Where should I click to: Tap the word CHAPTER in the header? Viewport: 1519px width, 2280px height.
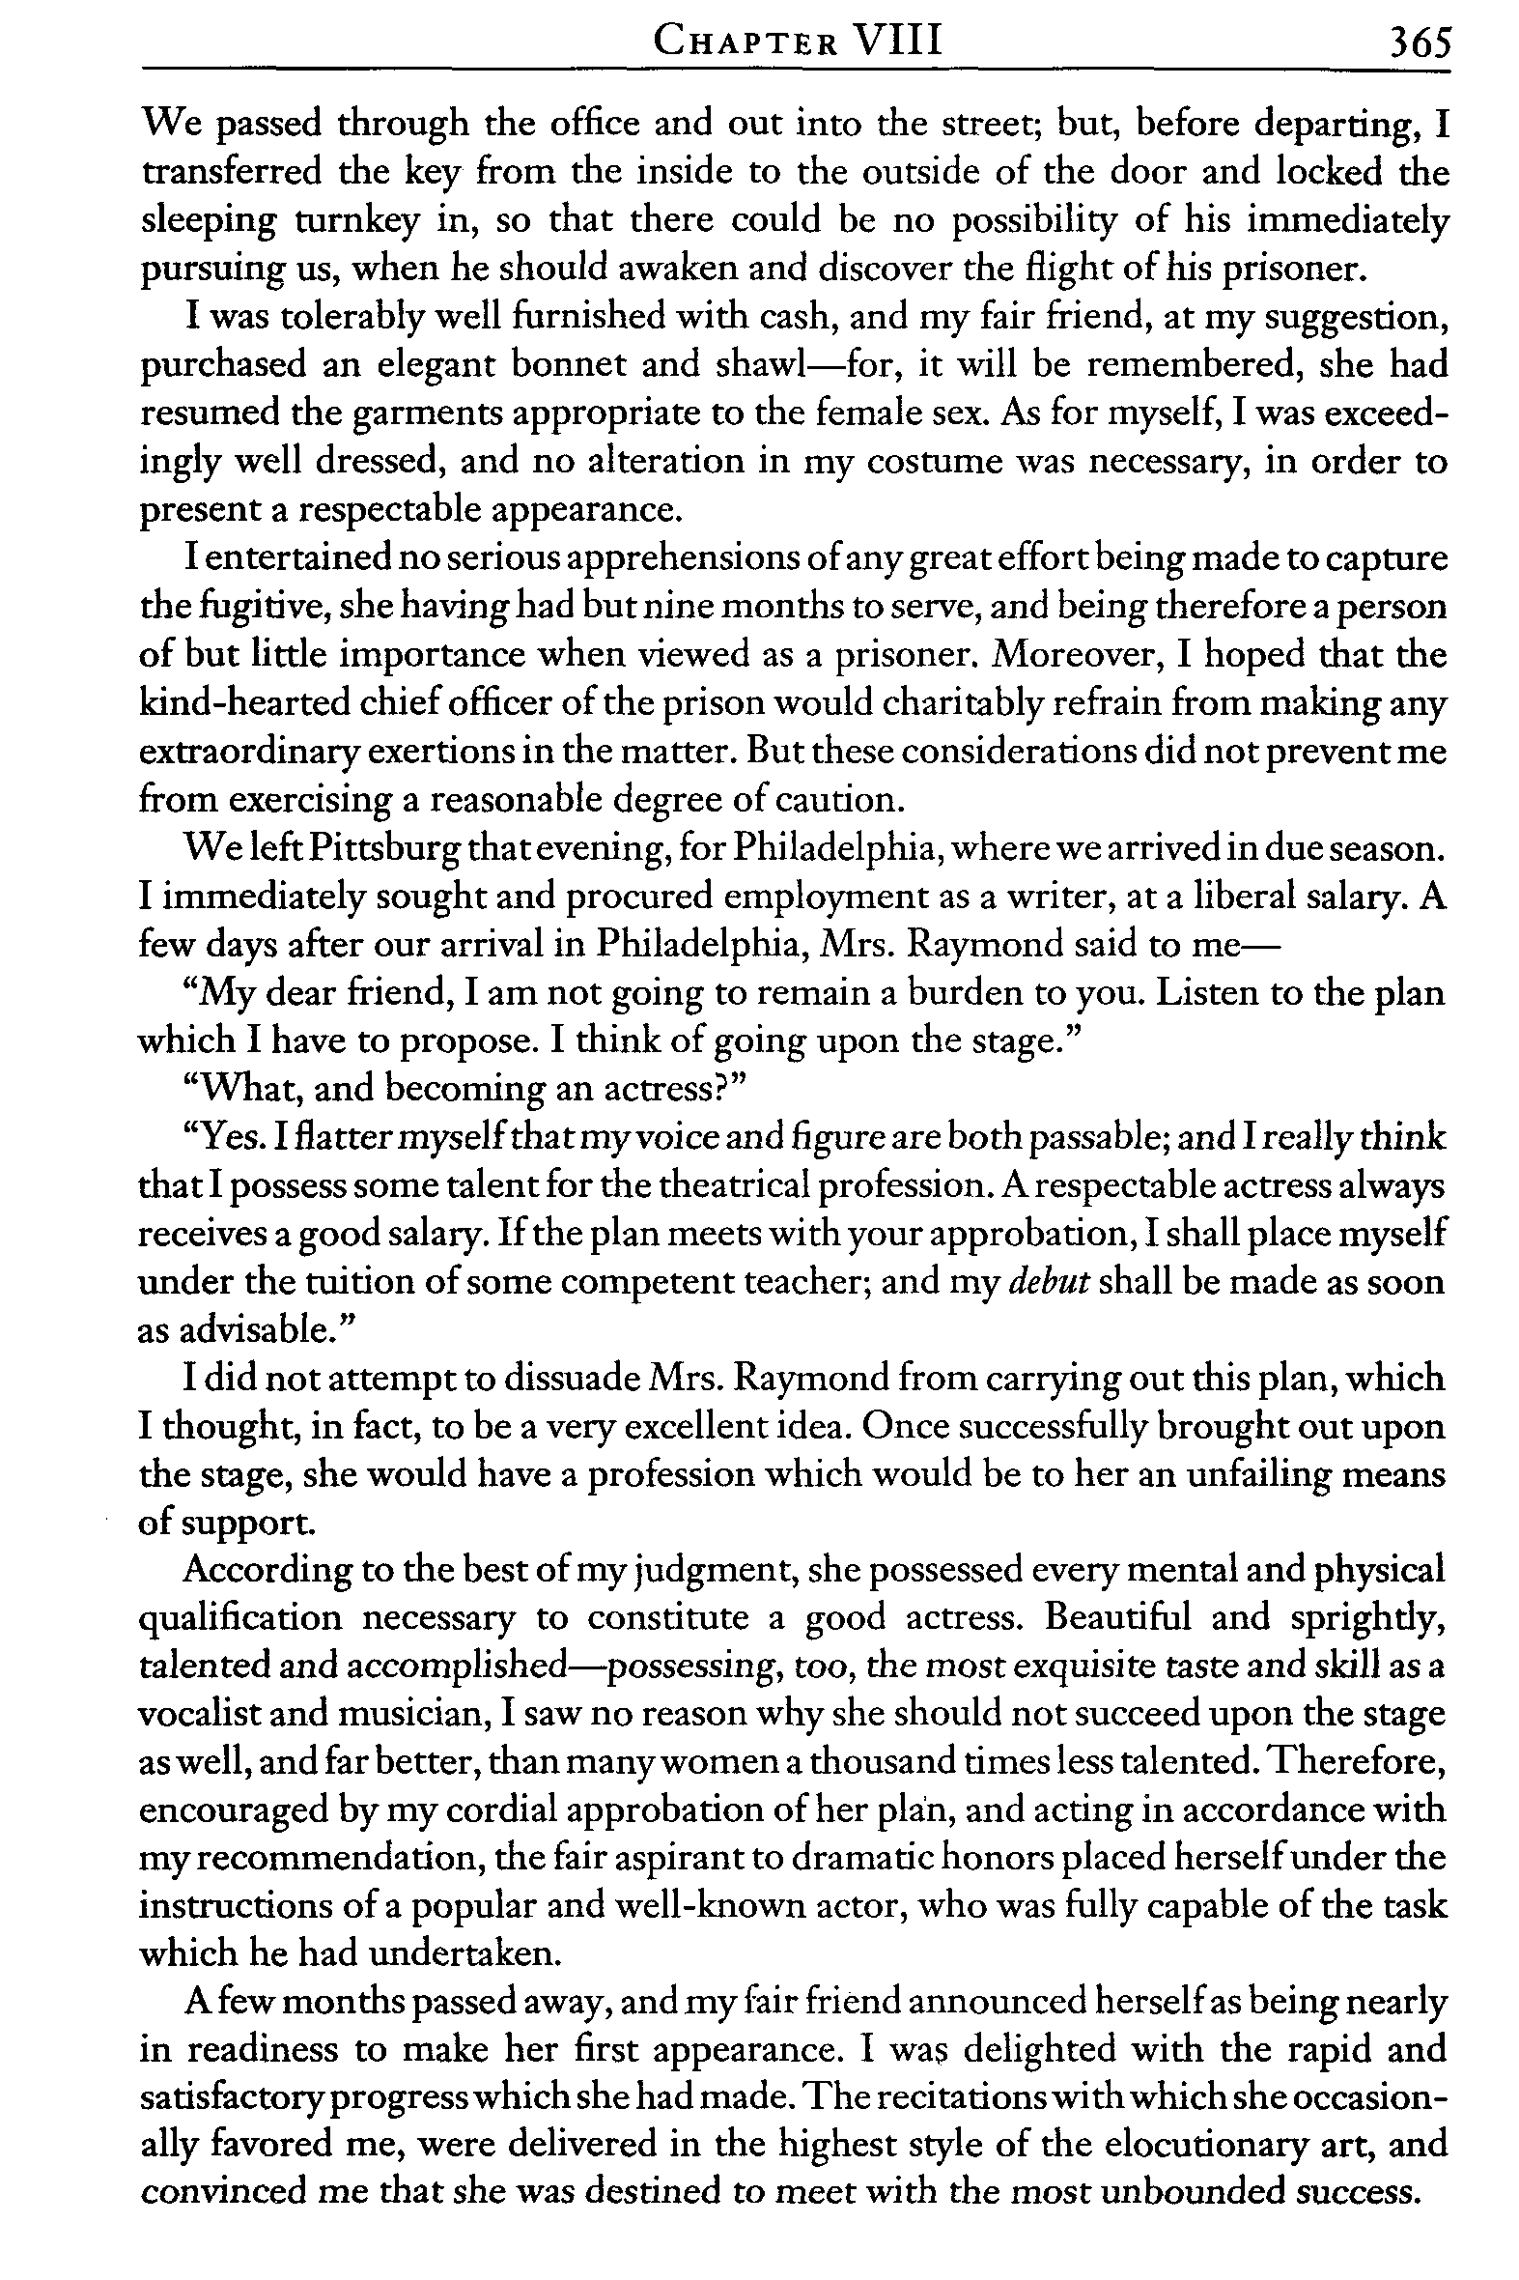745,43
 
